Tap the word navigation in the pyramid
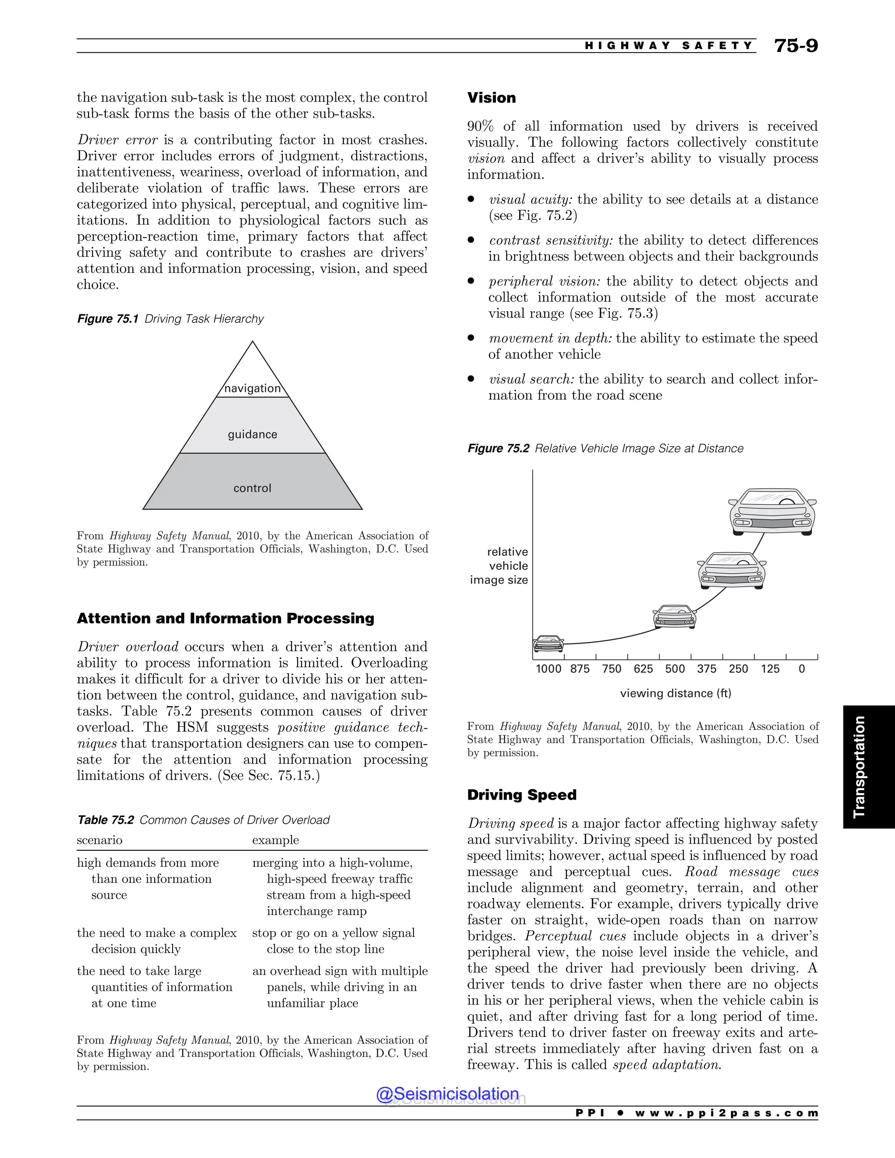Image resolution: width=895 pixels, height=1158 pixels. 253,388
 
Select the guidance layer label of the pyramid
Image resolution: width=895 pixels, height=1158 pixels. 253,434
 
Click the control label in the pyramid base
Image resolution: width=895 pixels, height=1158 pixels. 253,488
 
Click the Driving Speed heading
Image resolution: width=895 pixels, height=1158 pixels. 521,795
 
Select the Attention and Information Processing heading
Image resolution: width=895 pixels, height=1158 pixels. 225,618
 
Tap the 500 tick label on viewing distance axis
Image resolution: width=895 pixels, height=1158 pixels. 675,669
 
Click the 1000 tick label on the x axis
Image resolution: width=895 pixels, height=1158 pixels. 548,669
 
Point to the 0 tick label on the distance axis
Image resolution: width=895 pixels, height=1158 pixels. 801,669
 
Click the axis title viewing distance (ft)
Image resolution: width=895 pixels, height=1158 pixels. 676,693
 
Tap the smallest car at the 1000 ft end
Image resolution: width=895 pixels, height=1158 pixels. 548,643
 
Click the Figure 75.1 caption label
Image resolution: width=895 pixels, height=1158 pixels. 108,319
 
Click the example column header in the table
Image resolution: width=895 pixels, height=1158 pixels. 275,840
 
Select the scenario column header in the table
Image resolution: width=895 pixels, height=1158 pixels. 99,840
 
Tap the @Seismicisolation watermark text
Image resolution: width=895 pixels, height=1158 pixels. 447,1094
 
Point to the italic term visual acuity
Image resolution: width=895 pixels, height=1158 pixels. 530,199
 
